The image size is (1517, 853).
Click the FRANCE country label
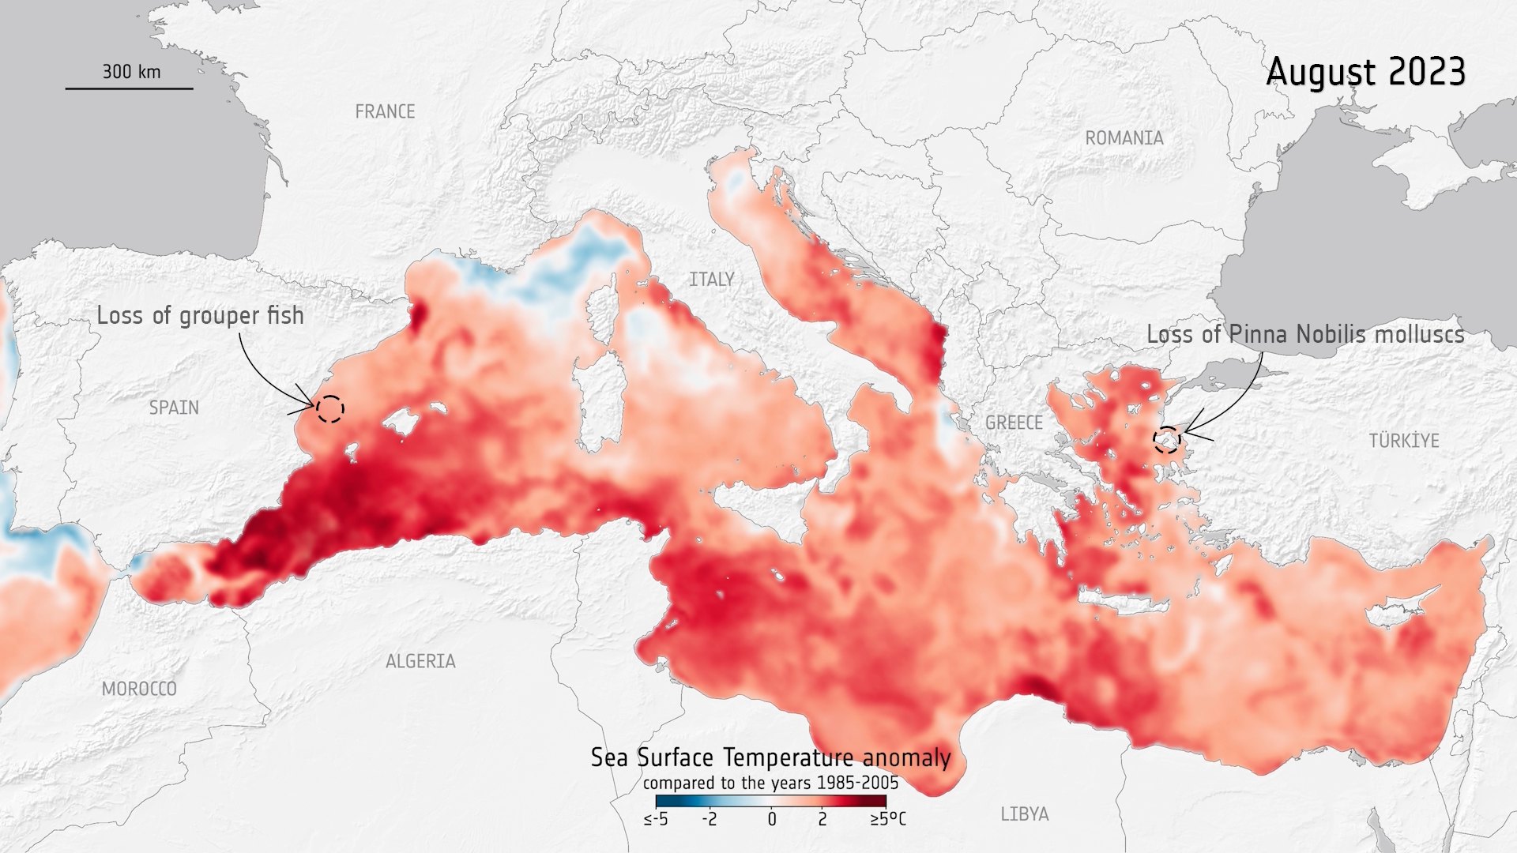pos(385,112)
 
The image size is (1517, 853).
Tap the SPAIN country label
pos(174,408)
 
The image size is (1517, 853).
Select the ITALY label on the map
pos(711,280)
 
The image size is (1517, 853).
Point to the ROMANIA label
pos(1124,138)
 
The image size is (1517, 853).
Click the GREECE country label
pos(1014,423)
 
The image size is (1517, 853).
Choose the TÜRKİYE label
pos(1404,441)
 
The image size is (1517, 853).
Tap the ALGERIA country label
pos(420,661)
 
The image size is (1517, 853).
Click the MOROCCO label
pos(139,689)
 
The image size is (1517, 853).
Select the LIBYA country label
pos(1024,814)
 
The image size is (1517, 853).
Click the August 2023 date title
pos(1365,72)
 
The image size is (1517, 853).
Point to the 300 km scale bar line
pos(129,88)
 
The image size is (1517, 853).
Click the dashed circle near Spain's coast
pos(330,408)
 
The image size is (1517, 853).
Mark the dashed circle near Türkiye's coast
pos(1166,439)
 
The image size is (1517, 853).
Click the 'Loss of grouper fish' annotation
pos(200,316)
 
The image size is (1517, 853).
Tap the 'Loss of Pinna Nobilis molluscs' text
pos(1305,335)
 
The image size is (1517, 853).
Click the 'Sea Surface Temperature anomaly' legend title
pos(770,758)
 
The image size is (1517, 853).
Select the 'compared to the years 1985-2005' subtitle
pos(770,783)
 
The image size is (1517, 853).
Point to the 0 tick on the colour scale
pos(771,819)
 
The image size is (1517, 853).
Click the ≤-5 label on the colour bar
pos(656,819)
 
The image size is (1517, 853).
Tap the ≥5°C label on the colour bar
pos(888,819)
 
